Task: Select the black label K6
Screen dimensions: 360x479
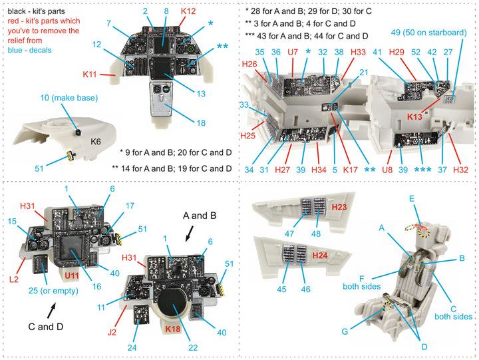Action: (x=96, y=142)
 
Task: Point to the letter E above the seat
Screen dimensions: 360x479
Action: (x=412, y=199)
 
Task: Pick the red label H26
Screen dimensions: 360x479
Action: (x=249, y=64)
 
